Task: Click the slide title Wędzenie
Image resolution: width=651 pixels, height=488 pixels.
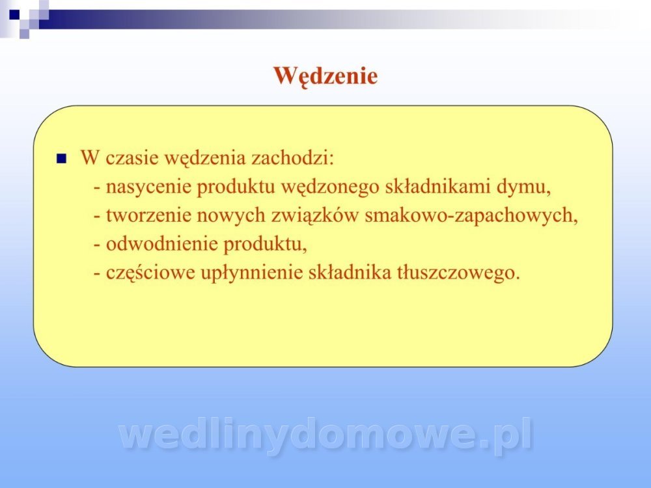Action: click(x=325, y=76)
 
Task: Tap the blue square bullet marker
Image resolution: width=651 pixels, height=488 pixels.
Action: click(x=61, y=159)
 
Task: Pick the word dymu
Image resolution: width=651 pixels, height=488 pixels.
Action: click(x=524, y=187)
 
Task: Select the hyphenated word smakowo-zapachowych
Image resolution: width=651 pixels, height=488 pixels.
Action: click(x=471, y=216)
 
